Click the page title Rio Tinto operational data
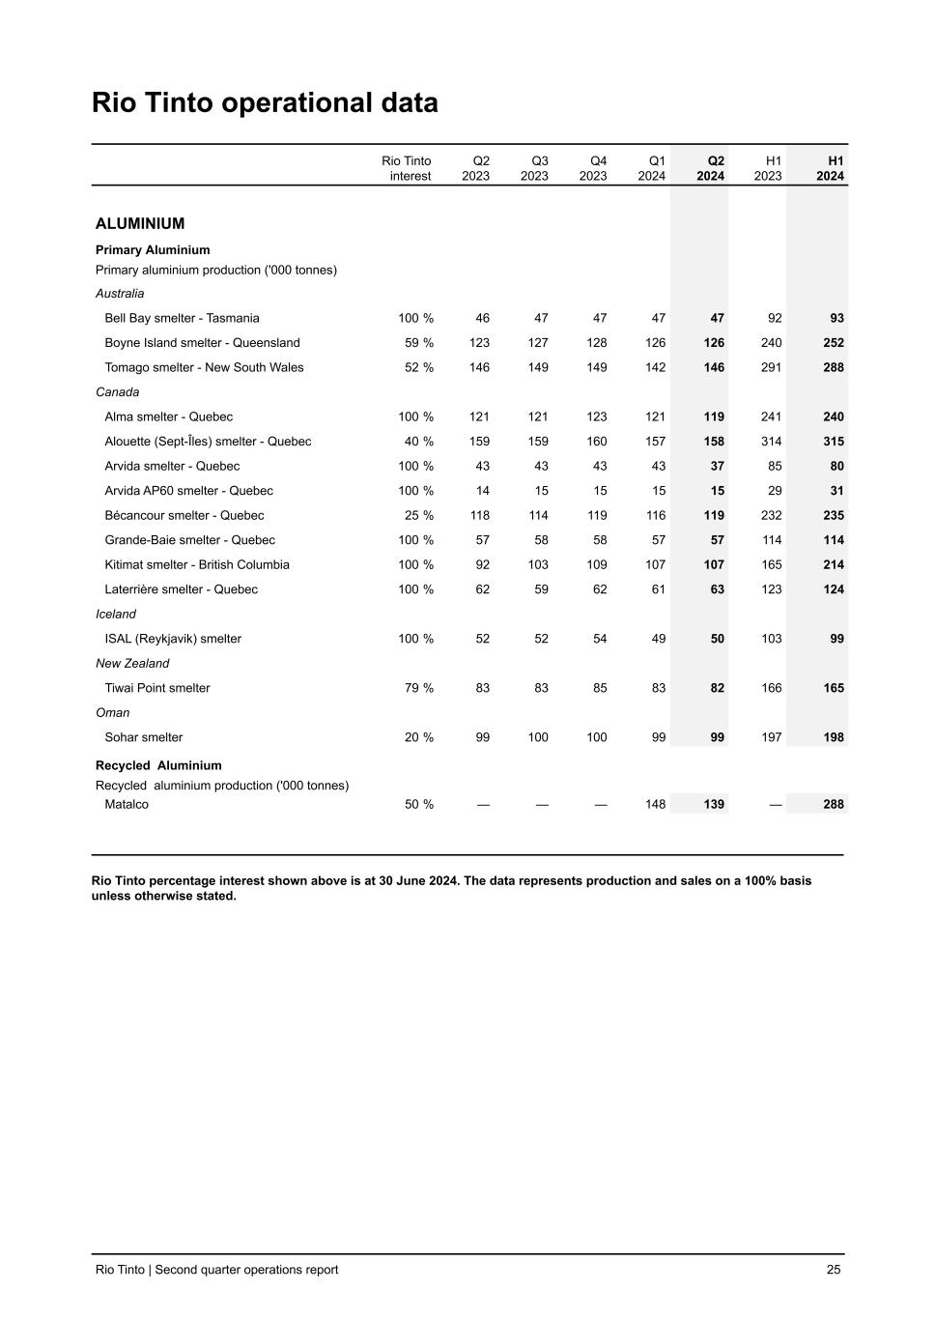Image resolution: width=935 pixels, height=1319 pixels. pos(265,102)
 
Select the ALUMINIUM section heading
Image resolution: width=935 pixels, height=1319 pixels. pos(140,223)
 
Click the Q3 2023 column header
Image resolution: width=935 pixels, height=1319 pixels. pos(534,168)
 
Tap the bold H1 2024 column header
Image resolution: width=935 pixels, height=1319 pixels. pos(830,168)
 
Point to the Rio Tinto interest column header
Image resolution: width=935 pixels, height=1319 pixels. pos(407,168)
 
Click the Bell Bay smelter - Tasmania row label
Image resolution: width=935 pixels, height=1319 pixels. pos(182,318)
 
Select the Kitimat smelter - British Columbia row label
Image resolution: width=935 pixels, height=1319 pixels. pos(197,564)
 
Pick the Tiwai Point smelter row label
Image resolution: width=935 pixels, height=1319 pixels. pos(157,688)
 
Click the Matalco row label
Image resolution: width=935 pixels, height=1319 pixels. pos(127,804)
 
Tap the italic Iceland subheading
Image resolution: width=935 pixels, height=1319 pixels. pos(116,614)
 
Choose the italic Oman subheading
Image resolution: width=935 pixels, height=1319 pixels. pos(112,712)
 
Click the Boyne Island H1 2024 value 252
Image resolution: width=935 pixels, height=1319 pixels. pos(833,343)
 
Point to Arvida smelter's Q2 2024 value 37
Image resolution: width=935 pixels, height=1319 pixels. pos(717,466)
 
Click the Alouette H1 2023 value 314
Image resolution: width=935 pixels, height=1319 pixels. pos(771,442)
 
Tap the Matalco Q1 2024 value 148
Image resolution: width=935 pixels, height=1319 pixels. pos(655,804)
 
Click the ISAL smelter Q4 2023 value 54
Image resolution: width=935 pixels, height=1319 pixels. pos(599,639)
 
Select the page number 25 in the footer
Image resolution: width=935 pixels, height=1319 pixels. pos(834,1270)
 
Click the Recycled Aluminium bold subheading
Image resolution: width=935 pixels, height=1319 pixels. pos(158,765)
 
